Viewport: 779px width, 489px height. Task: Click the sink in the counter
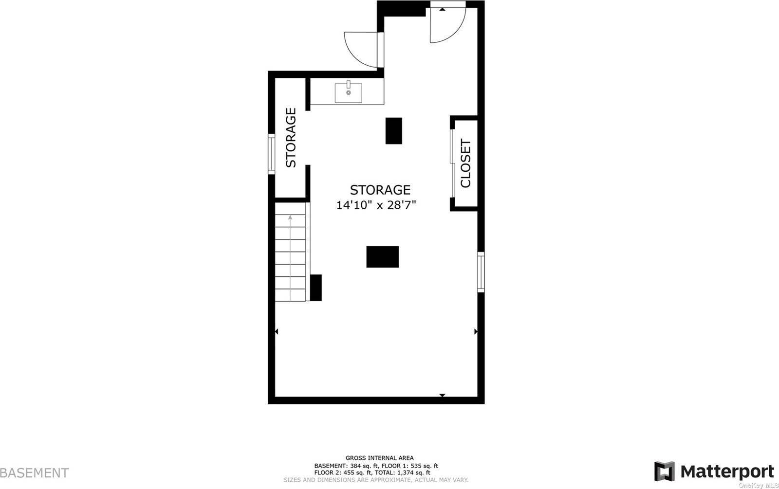click(x=348, y=92)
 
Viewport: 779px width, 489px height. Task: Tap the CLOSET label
click(x=466, y=163)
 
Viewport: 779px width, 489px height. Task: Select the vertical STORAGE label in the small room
click(x=291, y=138)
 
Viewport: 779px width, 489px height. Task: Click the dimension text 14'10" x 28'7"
click(x=376, y=205)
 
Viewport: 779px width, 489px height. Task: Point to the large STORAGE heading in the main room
click(x=380, y=190)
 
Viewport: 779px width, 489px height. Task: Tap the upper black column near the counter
click(x=394, y=130)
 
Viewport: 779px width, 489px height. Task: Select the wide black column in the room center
click(x=383, y=257)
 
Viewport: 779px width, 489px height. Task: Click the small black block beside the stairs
click(x=316, y=288)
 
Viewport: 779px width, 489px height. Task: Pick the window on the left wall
click(x=271, y=154)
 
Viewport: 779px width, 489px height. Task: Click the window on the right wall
click(x=481, y=272)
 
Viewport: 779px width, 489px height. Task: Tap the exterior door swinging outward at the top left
click(x=361, y=49)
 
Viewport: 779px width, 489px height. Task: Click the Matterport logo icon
click(x=665, y=471)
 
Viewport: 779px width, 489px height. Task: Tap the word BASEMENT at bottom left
click(x=34, y=472)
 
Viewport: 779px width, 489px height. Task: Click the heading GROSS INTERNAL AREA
click(x=380, y=458)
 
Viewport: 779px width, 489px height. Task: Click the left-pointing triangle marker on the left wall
click(x=277, y=331)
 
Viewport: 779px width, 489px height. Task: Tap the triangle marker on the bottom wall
click(x=442, y=395)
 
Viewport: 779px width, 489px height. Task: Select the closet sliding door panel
click(x=452, y=163)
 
